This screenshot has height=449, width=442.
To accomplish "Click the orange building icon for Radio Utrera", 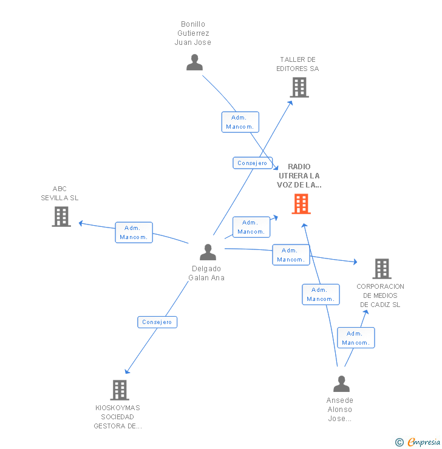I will [301, 204].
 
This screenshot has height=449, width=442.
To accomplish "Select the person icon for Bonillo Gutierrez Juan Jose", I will [194, 62].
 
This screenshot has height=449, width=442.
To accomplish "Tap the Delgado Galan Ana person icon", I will [208, 252].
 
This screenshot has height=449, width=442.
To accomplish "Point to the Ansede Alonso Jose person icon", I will [342, 384].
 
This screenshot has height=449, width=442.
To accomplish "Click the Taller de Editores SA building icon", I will [299, 87].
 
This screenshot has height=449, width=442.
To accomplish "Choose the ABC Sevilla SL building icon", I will [61, 217].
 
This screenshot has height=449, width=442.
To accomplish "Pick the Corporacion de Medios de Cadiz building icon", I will [381, 268].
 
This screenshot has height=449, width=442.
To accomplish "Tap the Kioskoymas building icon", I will [120, 390].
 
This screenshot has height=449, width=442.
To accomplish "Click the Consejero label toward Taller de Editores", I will [253, 163].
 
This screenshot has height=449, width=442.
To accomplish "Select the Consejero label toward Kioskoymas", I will [157, 322].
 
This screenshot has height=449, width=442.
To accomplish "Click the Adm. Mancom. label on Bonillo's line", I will [240, 122].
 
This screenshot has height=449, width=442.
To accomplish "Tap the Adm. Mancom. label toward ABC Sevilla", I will [134, 232].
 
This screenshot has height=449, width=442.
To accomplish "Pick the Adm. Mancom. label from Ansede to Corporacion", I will [356, 338].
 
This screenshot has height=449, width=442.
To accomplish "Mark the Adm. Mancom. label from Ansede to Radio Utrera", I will [321, 294].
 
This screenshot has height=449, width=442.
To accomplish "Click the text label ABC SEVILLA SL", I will [59, 194].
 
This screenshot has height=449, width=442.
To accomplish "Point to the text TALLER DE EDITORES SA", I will [297, 64].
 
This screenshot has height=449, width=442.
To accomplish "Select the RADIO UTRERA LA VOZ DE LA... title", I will [299, 175].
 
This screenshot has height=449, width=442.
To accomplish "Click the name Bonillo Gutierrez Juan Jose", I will [193, 33].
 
